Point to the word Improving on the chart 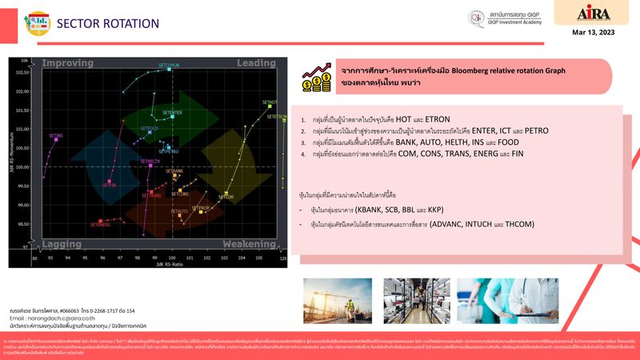[x=67, y=63]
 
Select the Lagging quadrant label [x=61, y=243]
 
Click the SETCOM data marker [x=226, y=192]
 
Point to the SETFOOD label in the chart [x=150, y=128]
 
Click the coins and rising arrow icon [x=315, y=78]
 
